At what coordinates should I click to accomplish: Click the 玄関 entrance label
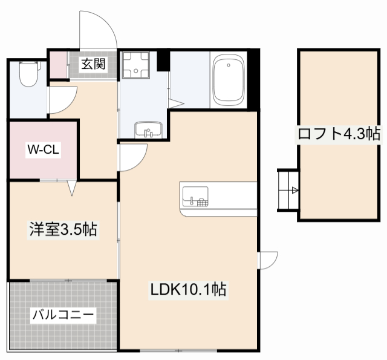[x=93, y=64]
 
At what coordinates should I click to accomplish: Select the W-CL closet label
[x=43, y=149]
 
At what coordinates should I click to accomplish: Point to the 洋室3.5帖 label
[x=63, y=230]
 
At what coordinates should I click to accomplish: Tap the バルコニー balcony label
[x=63, y=315]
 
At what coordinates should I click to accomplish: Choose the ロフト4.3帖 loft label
[x=339, y=134]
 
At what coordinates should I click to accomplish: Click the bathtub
[x=229, y=80]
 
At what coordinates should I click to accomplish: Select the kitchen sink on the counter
[x=195, y=197]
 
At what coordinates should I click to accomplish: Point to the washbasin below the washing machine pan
[x=148, y=129]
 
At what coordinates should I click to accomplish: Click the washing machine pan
[x=136, y=65]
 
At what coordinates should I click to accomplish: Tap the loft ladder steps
[x=288, y=191]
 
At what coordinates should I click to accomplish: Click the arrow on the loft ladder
[x=295, y=191]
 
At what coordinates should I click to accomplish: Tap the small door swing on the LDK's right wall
[x=267, y=260]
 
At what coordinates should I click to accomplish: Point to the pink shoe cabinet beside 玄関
[x=59, y=65]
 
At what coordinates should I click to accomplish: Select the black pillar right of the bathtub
[x=253, y=79]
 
